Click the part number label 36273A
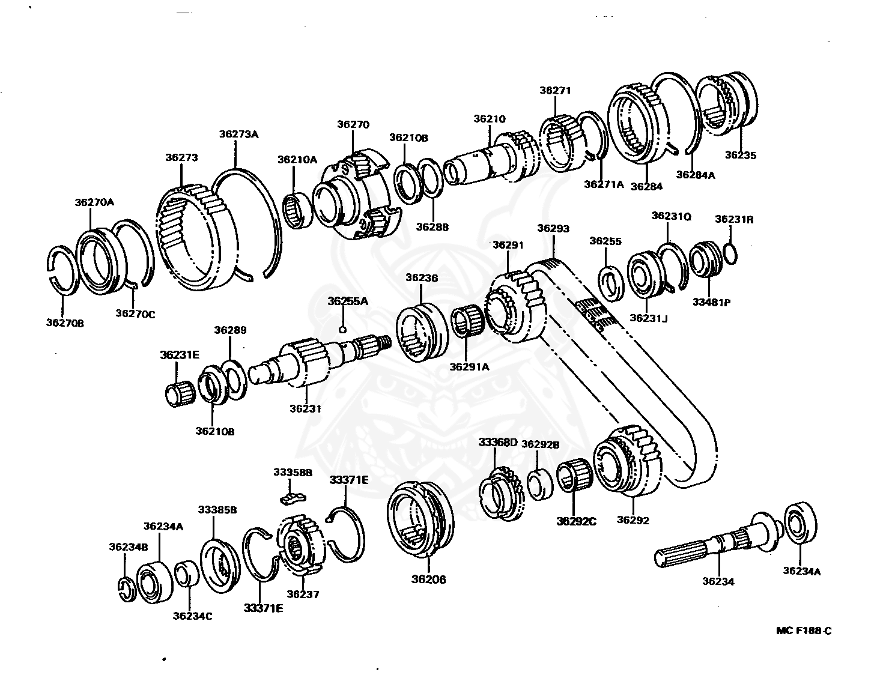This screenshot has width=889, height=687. click(x=238, y=134)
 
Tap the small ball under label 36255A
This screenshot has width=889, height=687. click(x=342, y=328)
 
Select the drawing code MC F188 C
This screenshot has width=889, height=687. click(x=804, y=630)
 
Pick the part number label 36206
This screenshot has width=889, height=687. click(x=428, y=580)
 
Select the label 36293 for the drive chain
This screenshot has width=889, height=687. click(x=553, y=228)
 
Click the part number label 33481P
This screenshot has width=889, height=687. click(x=711, y=302)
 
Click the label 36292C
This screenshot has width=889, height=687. click(x=576, y=521)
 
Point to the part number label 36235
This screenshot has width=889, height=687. click(x=740, y=154)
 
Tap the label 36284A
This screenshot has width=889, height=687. click(x=696, y=175)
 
